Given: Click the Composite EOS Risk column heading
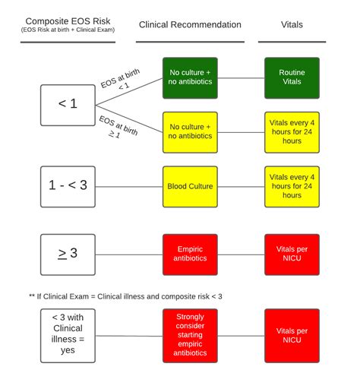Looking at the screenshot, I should click(x=68, y=20).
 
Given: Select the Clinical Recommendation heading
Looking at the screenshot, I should click(x=190, y=25).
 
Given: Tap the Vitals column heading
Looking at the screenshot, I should click(x=292, y=25).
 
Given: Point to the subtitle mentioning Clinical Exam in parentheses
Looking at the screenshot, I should click(x=68, y=31).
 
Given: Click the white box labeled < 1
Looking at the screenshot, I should click(x=68, y=104).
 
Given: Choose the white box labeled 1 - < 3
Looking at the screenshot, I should click(x=68, y=186).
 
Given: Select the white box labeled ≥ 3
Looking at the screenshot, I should click(x=68, y=253).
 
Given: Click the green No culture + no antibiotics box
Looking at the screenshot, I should click(x=190, y=77).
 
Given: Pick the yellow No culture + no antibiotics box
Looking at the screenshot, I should click(x=190, y=131).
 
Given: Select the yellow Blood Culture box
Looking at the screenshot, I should click(x=190, y=186).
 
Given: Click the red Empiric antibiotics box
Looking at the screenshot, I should click(x=190, y=254).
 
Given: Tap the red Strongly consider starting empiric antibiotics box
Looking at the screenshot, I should click(x=190, y=334).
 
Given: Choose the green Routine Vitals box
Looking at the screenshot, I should click(x=292, y=77).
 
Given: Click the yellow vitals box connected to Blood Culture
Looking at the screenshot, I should click(x=292, y=186).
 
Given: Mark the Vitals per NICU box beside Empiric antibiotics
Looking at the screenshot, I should click(x=292, y=254).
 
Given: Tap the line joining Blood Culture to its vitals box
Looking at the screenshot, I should click(x=242, y=186).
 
